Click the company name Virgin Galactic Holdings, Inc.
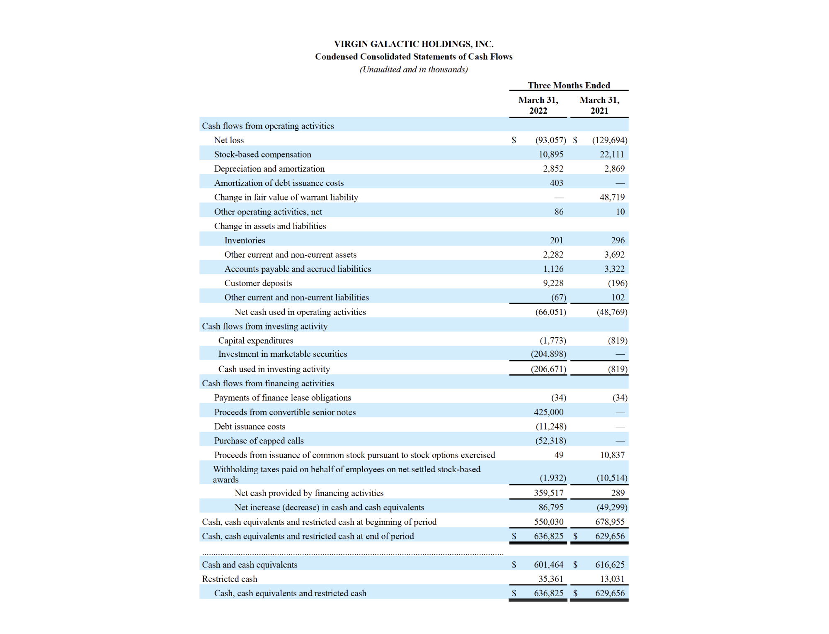(x=414, y=44)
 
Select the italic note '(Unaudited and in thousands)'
(x=414, y=69)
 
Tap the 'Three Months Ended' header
(x=569, y=85)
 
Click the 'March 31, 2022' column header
(x=538, y=105)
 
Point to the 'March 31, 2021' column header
(x=599, y=105)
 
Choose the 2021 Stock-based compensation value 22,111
(x=612, y=154)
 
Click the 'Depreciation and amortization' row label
(x=269, y=169)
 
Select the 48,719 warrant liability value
(x=612, y=198)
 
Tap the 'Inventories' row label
(x=245, y=240)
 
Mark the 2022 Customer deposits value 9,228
(x=553, y=283)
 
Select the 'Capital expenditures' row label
(x=256, y=341)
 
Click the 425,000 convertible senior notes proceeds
(x=548, y=412)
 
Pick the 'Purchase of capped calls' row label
(x=259, y=441)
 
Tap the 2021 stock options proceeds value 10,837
(x=612, y=455)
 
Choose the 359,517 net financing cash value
(x=548, y=493)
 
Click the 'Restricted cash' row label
(x=230, y=579)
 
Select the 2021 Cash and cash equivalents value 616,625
(x=610, y=565)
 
